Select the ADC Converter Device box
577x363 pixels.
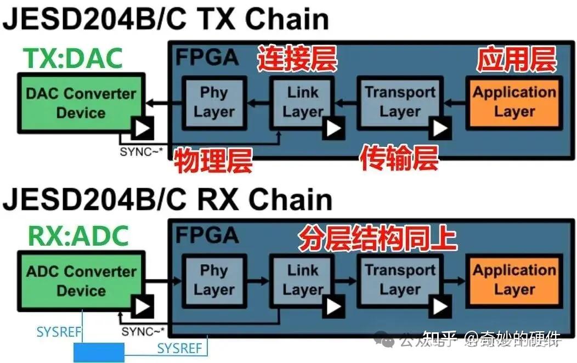pyautogui.click(x=81, y=281)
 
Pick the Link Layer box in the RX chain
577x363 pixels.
pyautogui.click(x=302, y=280)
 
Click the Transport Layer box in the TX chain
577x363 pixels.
pyautogui.click(x=400, y=103)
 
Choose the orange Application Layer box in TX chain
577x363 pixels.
pyautogui.click(x=513, y=103)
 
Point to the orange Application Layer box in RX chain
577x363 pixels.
pyautogui.click(x=513, y=280)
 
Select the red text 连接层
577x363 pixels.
pyautogui.click(x=297, y=60)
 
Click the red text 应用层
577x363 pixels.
pyautogui.click(x=516, y=60)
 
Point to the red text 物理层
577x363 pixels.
pyautogui.click(x=213, y=161)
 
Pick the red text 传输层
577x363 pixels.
pyautogui.click(x=399, y=159)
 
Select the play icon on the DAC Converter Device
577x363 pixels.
pyautogui.click(x=142, y=128)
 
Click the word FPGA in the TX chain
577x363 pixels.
pyautogui.click(x=207, y=58)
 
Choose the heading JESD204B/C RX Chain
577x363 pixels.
pyautogui.click(x=167, y=200)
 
